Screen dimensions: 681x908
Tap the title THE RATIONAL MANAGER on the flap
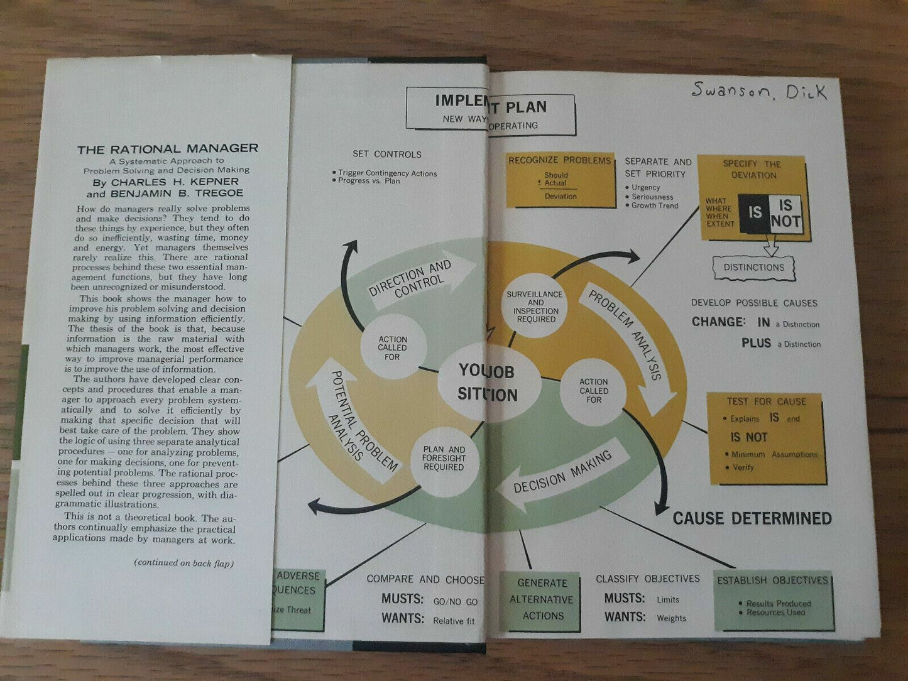[168, 149]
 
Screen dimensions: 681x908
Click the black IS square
[755, 213]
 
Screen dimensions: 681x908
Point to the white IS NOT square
[785, 214]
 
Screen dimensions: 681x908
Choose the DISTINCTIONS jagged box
[754, 268]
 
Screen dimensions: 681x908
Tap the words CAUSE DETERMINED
[752, 518]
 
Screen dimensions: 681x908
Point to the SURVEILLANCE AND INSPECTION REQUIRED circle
[535, 307]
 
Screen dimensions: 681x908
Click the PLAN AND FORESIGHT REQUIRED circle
[444, 459]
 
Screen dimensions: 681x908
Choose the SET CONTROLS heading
[387, 154]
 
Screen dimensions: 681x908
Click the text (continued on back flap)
[183, 563]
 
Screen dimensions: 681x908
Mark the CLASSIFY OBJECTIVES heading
[647, 579]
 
